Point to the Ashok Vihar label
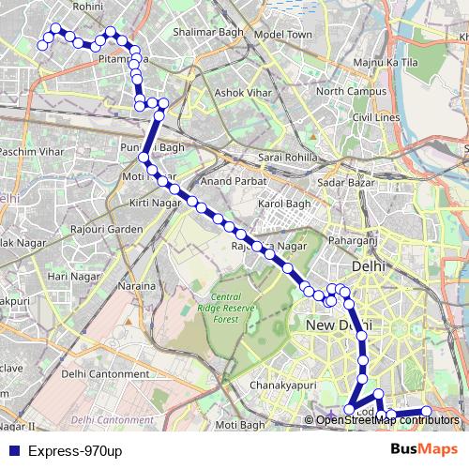[242, 92]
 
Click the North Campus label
[351, 92]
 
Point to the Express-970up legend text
[75, 451]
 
